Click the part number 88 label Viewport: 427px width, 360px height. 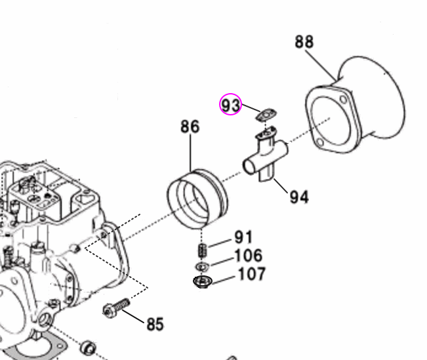pos(304,42)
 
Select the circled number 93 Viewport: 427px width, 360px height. pos(230,104)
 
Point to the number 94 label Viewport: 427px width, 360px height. pos(298,196)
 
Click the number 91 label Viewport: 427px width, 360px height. pos(243,237)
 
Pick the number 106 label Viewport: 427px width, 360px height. pos(248,256)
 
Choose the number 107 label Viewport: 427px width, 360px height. pos(252,273)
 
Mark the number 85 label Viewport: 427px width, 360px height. pos(155,324)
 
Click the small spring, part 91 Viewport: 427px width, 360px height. pos(203,250)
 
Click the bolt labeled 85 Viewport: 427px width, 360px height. pos(115,307)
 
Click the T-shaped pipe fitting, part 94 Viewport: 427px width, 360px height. pos(265,157)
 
